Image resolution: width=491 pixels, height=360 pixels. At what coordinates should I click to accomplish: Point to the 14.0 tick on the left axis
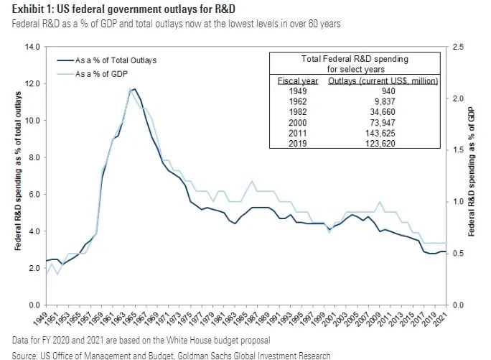[33, 47]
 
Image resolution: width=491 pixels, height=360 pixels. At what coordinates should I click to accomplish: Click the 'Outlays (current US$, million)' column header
[383, 80]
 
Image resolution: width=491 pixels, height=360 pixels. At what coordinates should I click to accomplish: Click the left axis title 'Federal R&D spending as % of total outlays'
[15, 175]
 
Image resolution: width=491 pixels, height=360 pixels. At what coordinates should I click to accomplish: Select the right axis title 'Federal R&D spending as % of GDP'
[473, 175]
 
